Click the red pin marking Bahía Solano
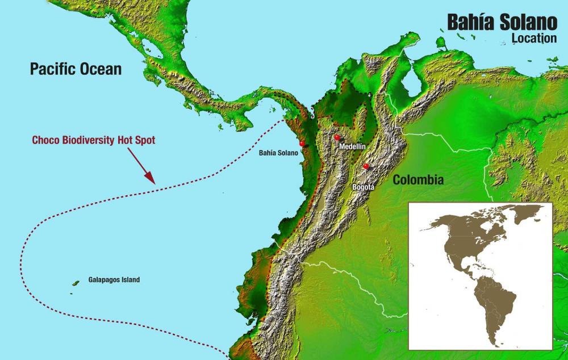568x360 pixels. point(302,144)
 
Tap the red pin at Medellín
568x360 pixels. point(337,138)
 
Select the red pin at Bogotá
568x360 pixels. point(366,167)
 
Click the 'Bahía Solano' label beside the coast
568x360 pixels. point(278,153)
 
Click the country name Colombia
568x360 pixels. point(418,180)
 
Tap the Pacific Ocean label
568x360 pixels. point(76,69)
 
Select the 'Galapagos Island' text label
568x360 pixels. point(114,280)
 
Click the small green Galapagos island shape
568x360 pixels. point(76,282)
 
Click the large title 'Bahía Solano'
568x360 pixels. point(502,22)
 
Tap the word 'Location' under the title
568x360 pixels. point(534,39)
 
